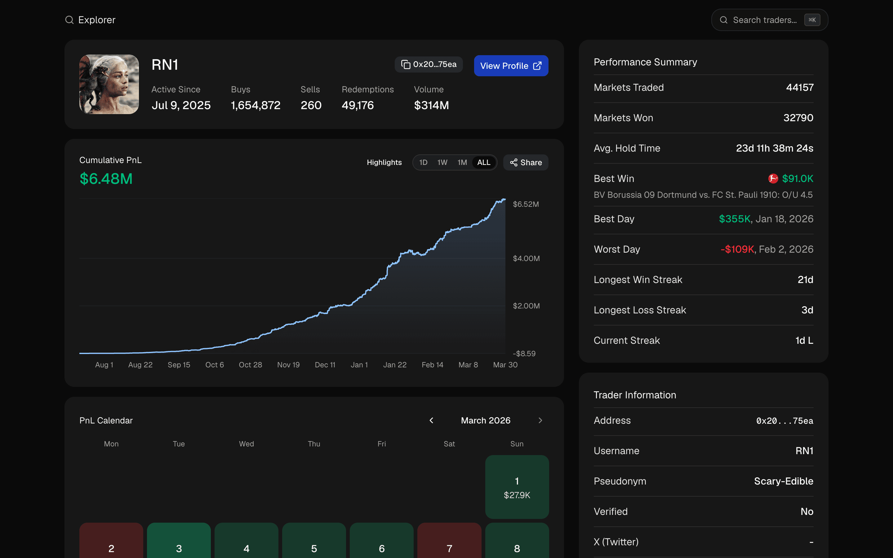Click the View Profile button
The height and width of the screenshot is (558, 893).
pos(511,66)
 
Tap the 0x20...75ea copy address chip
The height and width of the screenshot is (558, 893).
pos(429,64)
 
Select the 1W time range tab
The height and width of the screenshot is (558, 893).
pos(442,162)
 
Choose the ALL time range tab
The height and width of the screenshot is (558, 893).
pos(483,162)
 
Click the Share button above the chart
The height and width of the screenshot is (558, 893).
pos(526,162)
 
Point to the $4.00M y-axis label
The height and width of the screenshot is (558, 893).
pos(526,258)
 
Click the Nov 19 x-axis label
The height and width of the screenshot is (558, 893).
pos(288,365)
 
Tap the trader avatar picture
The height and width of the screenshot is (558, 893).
pos(109,84)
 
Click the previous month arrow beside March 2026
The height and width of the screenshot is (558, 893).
pos(431,420)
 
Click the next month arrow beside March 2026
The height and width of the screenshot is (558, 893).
pos(540,420)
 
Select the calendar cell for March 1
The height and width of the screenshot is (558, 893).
pos(517,487)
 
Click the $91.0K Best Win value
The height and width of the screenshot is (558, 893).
pos(797,179)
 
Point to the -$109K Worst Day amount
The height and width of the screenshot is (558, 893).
pos(737,250)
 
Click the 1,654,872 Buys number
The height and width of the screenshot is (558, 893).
pos(255,105)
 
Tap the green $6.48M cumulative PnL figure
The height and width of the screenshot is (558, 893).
pos(106,179)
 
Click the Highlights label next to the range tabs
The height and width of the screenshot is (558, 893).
pos(384,162)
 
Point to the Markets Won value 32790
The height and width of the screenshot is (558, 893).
pos(798,118)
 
